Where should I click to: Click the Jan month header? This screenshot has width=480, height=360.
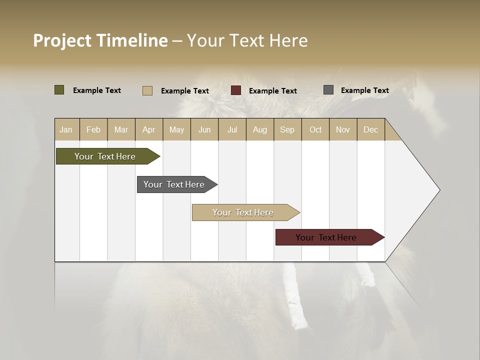(x=66, y=129)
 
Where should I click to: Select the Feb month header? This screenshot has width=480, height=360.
(x=93, y=129)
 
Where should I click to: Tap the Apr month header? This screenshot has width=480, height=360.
(x=148, y=129)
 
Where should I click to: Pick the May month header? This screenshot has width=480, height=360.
(x=176, y=129)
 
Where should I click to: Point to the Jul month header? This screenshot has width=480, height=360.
(x=232, y=129)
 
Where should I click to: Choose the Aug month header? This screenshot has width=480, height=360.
(x=259, y=129)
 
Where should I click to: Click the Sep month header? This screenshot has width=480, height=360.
(x=287, y=129)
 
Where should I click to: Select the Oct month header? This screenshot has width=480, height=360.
(x=315, y=129)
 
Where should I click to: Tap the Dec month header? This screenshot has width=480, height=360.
(x=370, y=129)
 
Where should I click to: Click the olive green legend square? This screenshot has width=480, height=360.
(x=59, y=90)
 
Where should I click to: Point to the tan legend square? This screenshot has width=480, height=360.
(x=147, y=90)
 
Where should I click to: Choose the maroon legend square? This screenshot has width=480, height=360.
(x=236, y=90)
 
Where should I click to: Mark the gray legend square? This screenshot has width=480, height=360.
(x=328, y=90)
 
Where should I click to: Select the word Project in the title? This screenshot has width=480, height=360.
(x=62, y=40)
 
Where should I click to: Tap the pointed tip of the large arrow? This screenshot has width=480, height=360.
(x=438, y=190)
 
